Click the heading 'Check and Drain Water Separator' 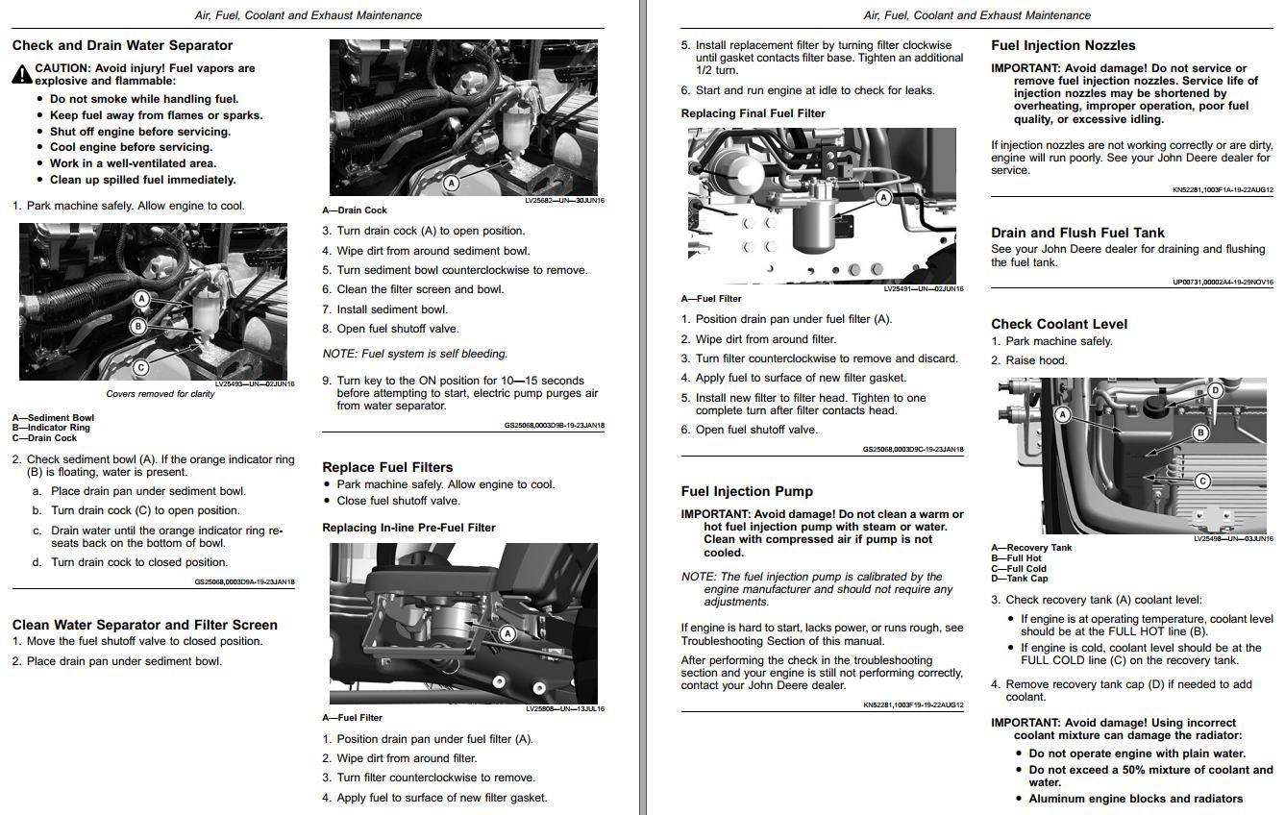(122, 45)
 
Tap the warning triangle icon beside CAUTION (21, 74)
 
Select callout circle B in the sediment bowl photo (138, 327)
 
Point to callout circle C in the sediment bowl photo (141, 366)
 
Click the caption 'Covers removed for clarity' (161, 394)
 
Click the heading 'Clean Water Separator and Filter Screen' (144, 625)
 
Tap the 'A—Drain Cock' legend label (355, 210)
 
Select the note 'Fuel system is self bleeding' (415, 354)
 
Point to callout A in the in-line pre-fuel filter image (507, 633)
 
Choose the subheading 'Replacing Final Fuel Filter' (753, 113)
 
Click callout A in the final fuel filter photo (883, 198)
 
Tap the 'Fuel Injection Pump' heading (747, 491)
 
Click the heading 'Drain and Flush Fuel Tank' (1077, 233)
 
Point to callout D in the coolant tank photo (1215, 390)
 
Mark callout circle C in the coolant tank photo (1202, 481)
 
